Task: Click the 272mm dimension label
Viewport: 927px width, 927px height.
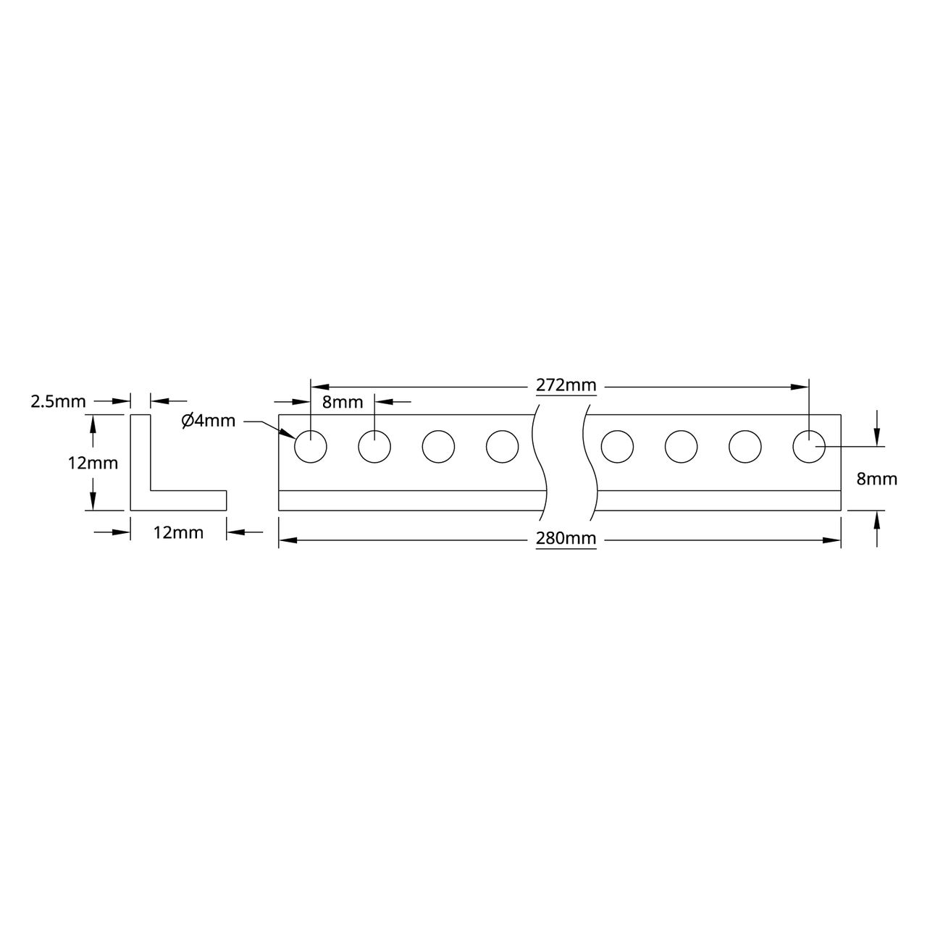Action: (566, 385)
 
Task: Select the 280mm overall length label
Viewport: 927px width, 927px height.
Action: (566, 538)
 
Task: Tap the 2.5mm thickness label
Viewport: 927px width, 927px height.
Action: (58, 401)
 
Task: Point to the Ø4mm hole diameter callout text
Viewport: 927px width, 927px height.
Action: (209, 420)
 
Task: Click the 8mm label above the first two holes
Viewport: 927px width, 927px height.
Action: (342, 403)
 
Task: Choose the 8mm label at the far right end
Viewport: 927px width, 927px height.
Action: (876, 479)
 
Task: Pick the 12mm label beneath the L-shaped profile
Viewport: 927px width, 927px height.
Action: (178, 533)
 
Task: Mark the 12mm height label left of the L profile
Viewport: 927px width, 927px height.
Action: (93, 463)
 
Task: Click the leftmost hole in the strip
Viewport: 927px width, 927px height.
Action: (311, 447)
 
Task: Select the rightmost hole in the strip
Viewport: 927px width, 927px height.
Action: (809, 447)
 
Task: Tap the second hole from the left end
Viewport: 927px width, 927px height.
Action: (374, 447)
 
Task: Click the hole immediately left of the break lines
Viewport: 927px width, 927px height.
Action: (502, 447)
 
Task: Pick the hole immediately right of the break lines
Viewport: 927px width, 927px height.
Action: (617, 447)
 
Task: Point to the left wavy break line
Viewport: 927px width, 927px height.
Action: (540, 463)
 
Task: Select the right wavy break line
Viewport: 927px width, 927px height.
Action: (590, 463)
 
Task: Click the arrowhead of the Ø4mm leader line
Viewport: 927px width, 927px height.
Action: (289, 435)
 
